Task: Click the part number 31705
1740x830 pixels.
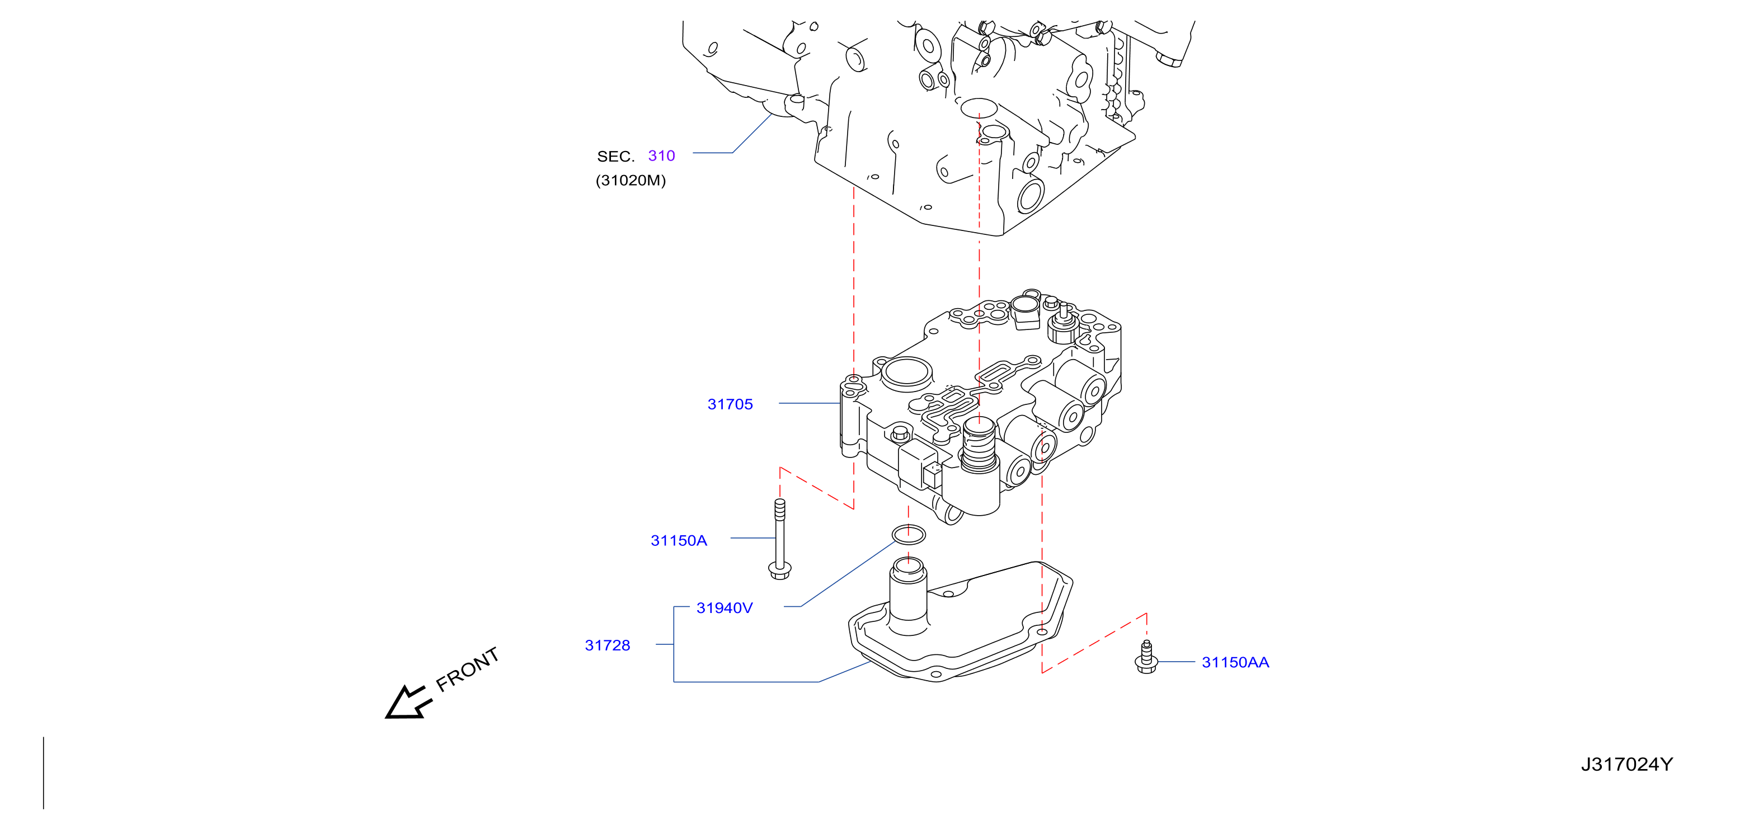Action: (x=730, y=404)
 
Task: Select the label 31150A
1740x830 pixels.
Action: (x=678, y=540)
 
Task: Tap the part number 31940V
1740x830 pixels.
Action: (x=724, y=608)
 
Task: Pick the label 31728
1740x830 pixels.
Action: (x=607, y=645)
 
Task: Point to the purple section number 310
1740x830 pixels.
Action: (x=661, y=155)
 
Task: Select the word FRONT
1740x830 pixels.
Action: (x=467, y=669)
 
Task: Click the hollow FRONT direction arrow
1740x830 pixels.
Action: (x=407, y=703)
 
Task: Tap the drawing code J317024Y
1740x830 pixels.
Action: (x=1626, y=764)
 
